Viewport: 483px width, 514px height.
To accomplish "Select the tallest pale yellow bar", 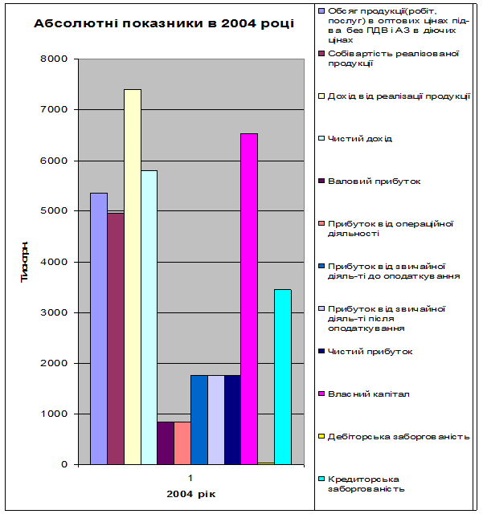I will tap(133, 276).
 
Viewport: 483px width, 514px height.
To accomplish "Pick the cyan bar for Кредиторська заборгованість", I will tap(283, 377).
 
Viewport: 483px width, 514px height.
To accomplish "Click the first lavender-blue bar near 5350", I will tap(99, 328).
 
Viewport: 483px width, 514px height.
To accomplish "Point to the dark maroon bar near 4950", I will tap(116, 338).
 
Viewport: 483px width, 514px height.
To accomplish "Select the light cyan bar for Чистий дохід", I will tap(149, 317).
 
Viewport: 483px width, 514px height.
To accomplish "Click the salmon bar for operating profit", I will tap(182, 443).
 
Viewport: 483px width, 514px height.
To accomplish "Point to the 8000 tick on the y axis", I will tap(57, 59).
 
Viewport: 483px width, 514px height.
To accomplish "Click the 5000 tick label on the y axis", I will tap(57, 211).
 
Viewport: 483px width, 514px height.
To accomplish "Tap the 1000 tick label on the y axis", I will tap(57, 414).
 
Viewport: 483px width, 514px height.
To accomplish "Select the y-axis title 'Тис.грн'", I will tap(26, 262).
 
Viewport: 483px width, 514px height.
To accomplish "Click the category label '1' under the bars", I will tap(190, 477).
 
